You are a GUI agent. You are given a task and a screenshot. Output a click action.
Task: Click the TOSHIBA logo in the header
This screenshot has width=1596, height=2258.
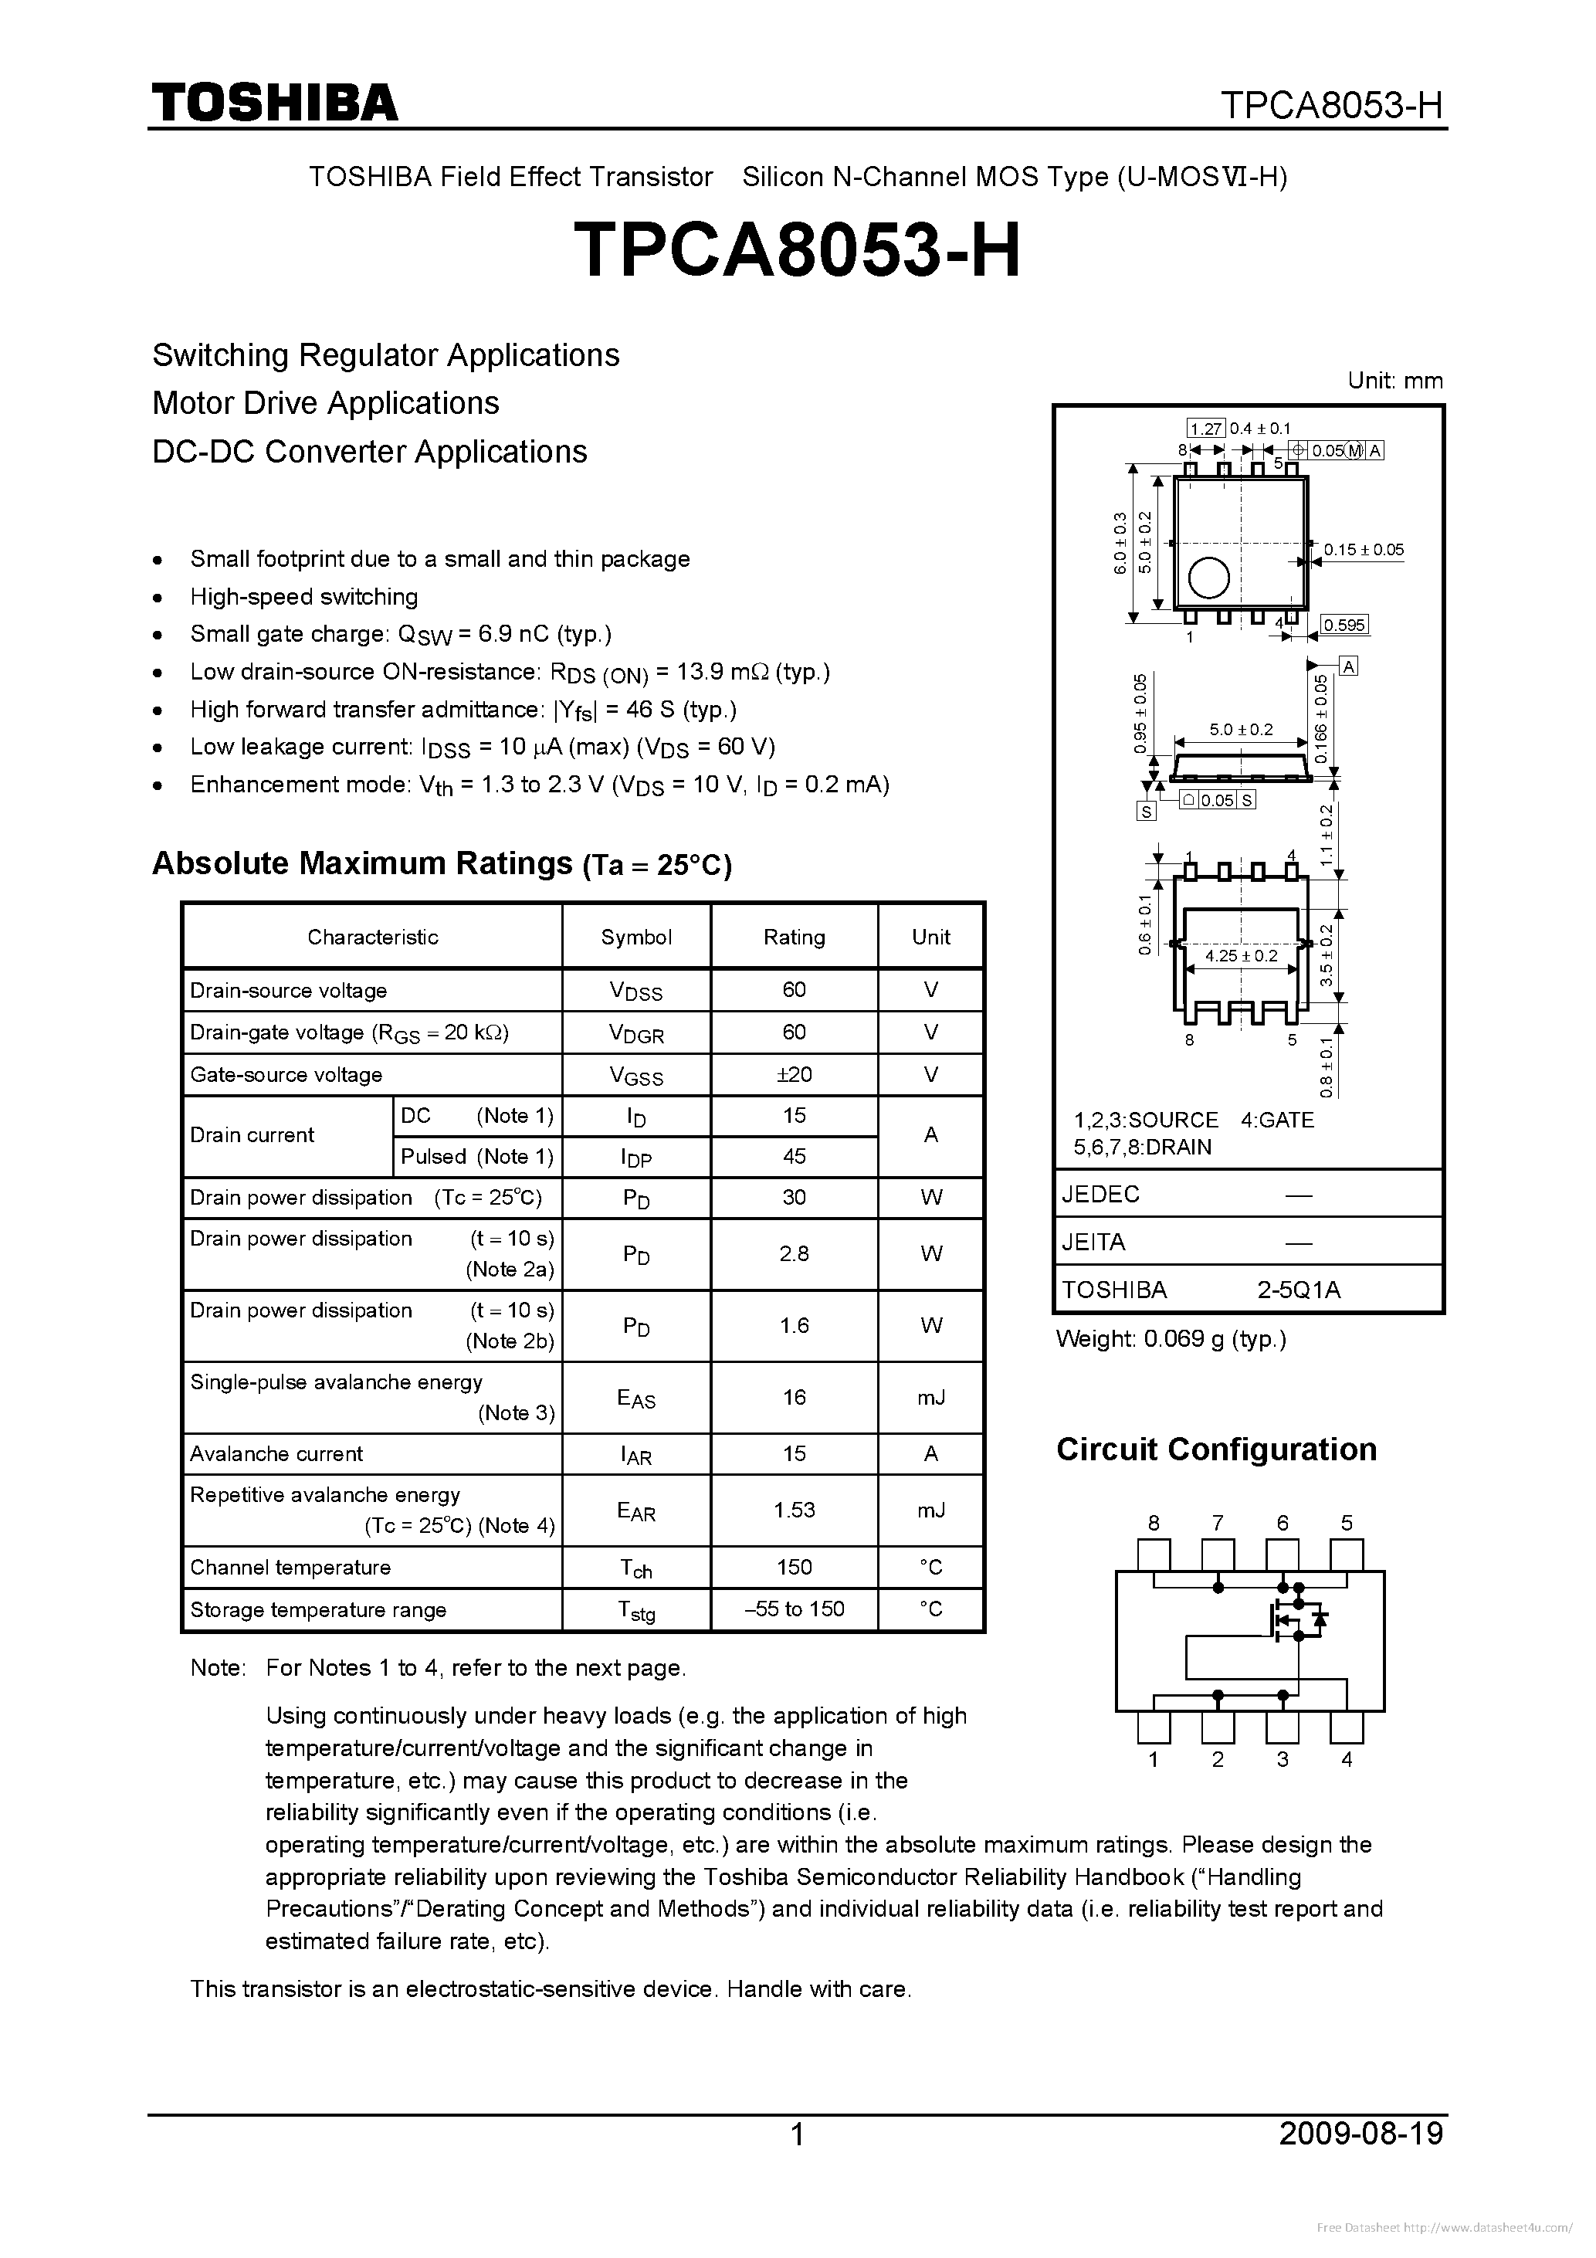click(274, 102)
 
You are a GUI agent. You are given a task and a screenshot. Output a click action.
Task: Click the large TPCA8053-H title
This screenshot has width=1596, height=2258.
click(797, 249)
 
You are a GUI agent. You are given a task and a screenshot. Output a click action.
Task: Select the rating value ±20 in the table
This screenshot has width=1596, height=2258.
click(794, 1075)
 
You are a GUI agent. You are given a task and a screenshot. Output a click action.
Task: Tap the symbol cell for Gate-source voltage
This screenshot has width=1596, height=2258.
click(636, 1076)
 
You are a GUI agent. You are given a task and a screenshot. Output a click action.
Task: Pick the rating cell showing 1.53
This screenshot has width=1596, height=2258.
click(794, 1510)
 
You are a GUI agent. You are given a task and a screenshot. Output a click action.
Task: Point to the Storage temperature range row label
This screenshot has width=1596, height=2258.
click(317, 1610)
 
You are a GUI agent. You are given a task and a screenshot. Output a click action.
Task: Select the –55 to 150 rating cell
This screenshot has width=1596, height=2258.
click(794, 1609)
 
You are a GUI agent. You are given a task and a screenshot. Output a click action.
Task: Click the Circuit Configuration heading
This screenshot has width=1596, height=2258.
click(1215, 1449)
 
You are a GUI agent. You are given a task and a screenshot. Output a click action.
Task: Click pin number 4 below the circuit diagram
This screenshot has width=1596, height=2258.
click(1347, 1759)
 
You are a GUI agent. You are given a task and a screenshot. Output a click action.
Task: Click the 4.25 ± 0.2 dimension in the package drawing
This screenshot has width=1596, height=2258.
click(1241, 956)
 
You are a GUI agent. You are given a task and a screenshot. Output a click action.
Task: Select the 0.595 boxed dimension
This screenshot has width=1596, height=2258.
click(1344, 626)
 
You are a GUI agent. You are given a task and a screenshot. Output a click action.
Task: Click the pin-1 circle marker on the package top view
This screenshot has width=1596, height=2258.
click(1208, 578)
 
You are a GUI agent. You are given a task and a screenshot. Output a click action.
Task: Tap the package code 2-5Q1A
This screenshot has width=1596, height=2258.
click(1298, 1290)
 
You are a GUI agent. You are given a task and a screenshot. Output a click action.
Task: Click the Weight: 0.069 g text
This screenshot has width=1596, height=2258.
click(1171, 1338)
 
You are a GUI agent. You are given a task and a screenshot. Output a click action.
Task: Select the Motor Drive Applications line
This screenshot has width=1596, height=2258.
click(326, 403)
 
